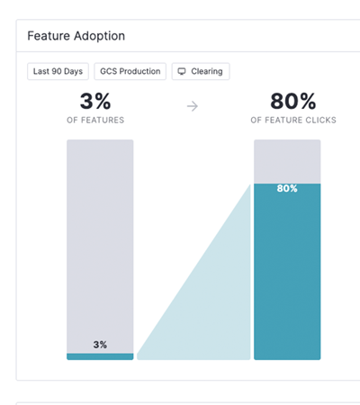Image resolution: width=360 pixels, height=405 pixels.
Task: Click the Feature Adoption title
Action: [76, 37]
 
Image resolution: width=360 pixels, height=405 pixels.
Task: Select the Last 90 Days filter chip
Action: [58, 71]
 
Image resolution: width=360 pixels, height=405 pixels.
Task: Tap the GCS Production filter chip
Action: [130, 71]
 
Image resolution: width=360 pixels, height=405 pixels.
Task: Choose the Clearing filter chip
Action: [201, 71]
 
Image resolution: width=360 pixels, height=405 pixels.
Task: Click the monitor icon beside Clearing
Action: [182, 71]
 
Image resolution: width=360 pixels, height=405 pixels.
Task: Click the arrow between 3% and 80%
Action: [192, 106]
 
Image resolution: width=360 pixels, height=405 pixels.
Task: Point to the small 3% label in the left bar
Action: [100, 345]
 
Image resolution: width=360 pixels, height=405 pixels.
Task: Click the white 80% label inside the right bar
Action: [287, 189]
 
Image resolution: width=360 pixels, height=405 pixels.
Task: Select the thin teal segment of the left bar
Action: [100, 356]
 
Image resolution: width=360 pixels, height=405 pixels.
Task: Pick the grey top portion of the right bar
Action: [287, 160]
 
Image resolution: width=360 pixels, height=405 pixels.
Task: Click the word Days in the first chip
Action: [71, 71]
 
